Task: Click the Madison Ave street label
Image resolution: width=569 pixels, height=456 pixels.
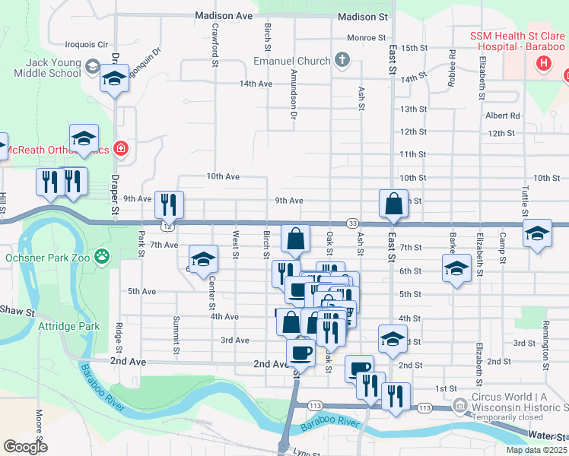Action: (223, 15)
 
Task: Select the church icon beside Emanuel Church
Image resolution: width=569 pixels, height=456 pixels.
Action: (342, 61)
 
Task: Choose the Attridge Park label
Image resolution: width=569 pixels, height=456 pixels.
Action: (68, 326)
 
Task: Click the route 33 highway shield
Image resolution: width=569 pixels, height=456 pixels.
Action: (352, 223)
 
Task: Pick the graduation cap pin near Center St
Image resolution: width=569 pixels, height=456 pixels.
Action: (203, 259)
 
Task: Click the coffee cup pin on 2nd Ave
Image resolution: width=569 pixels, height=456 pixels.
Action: (300, 352)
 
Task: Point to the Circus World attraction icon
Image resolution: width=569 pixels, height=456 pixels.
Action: (459, 405)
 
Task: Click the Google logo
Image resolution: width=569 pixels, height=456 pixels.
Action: (25, 447)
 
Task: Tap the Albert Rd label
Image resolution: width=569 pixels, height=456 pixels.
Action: (502, 116)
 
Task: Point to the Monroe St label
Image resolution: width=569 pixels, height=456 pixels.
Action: (367, 37)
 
